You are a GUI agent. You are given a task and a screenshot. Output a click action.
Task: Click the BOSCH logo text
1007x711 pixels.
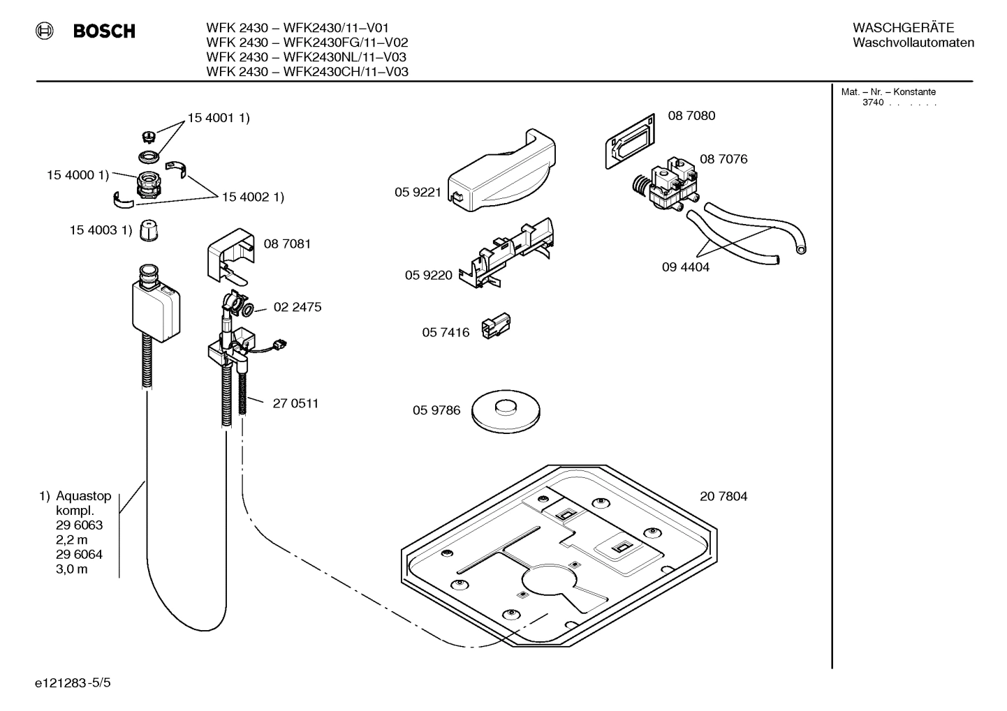click(104, 31)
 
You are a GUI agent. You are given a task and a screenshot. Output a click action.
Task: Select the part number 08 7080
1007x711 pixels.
click(691, 116)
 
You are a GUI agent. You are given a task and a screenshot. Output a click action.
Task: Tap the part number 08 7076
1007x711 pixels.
click(723, 159)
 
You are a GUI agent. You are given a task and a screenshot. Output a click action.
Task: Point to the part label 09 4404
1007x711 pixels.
click(685, 267)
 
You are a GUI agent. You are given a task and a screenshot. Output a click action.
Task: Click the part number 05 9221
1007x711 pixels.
click(418, 193)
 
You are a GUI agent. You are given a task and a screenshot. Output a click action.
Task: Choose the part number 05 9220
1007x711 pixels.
click(428, 275)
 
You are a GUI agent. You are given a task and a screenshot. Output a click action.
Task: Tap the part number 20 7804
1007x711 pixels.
click(723, 496)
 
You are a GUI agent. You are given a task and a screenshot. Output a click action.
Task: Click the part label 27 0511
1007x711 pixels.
click(295, 403)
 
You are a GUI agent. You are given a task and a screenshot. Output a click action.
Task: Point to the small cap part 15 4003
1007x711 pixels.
click(147, 230)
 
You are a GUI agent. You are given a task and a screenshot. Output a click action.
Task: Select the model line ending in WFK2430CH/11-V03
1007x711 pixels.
click(307, 72)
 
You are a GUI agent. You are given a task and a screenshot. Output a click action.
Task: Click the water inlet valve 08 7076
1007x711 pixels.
click(664, 187)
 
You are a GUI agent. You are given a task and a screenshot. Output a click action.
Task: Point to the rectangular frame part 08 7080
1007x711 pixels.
click(630, 140)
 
